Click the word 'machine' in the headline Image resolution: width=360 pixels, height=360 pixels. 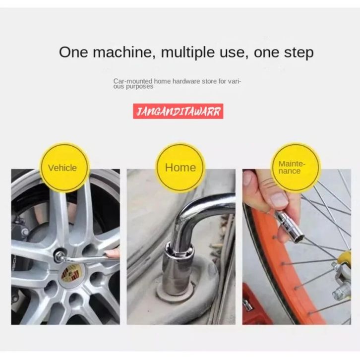click(122, 53)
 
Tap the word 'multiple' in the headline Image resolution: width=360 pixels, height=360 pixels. click(188, 53)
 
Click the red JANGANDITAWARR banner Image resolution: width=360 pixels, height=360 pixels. click(178, 112)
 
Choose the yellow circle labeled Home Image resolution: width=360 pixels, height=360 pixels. click(180, 167)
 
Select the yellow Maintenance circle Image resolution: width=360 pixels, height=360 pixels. click(296, 167)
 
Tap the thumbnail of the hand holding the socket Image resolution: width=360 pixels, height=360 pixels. click(297, 247)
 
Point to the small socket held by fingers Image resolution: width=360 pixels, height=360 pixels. click(290, 227)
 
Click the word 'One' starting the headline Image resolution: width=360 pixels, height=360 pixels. click(73, 53)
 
